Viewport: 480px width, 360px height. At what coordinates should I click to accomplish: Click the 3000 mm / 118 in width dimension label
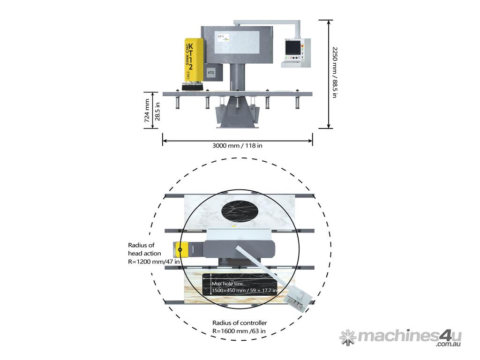[237, 145]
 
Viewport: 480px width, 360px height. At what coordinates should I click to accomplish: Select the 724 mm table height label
[148, 111]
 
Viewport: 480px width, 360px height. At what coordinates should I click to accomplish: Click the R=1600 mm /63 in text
[240, 331]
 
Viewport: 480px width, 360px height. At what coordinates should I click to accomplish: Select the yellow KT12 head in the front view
[194, 61]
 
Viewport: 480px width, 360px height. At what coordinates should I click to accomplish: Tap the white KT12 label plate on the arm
[238, 43]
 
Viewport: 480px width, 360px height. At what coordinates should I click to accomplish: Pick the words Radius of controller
[240, 322]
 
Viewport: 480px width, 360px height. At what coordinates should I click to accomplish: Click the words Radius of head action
[145, 249]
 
